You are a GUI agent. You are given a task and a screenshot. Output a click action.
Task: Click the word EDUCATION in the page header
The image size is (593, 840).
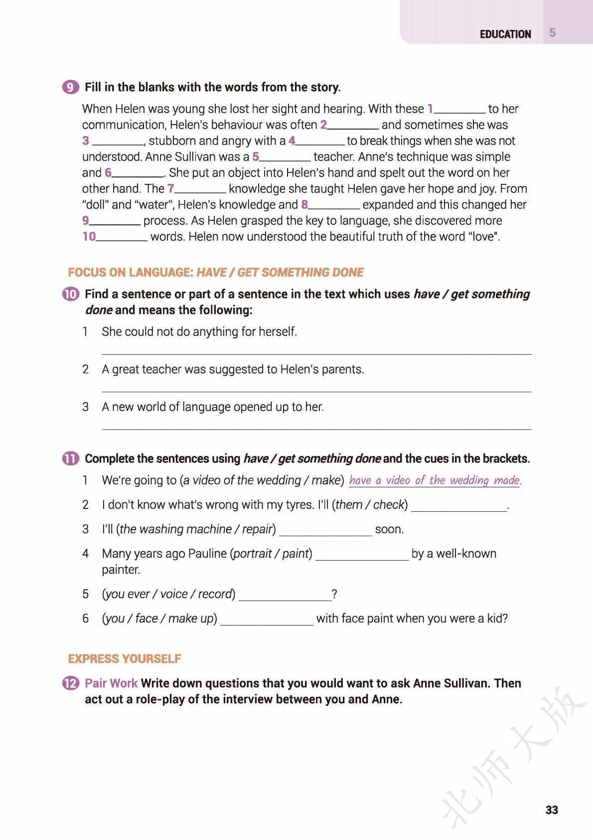pos(505,34)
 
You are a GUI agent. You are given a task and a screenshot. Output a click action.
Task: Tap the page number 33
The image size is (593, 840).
pos(552,810)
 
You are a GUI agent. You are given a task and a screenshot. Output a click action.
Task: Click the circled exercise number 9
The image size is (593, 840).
pos(71,87)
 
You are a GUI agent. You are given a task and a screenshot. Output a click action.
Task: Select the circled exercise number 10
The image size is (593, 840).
pos(71,294)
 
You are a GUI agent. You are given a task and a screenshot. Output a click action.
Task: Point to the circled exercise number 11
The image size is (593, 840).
pos(71,458)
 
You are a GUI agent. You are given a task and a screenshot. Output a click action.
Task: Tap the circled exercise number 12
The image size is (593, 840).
pos(71,683)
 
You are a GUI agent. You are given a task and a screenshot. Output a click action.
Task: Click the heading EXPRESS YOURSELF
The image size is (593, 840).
pos(125,658)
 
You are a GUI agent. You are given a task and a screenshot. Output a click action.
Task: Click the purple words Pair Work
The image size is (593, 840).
pos(111,683)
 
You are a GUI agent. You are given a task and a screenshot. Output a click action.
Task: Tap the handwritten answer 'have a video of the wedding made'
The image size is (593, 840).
pos(435,480)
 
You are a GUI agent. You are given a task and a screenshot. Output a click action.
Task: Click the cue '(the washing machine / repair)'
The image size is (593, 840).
pos(196,529)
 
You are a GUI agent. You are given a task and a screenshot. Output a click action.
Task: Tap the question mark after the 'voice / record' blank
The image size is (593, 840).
pos(334,594)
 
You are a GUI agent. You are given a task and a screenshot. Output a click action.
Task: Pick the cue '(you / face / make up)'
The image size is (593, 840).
pos(159,619)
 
